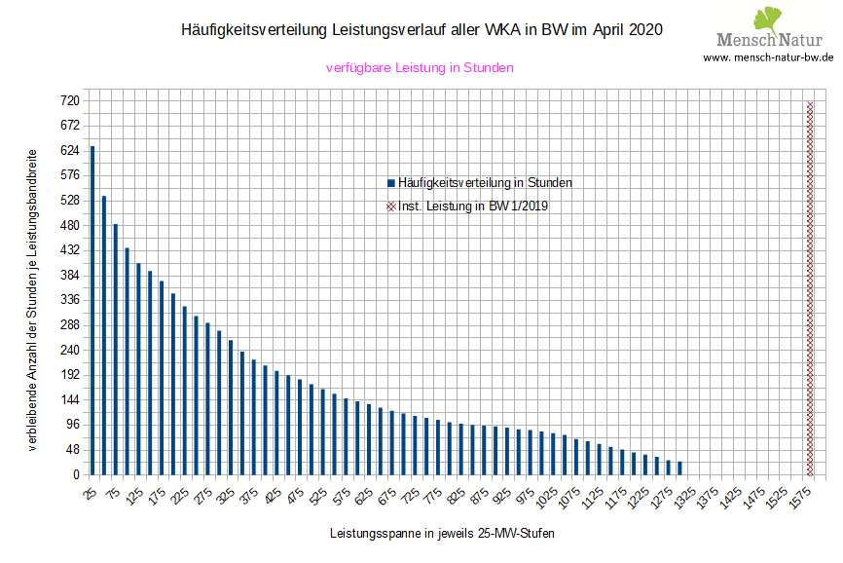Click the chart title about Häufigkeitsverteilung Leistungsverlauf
pyautogui.click(x=421, y=30)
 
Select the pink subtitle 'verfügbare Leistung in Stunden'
pyautogui.click(x=420, y=68)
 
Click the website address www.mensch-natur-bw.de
pyautogui.click(x=768, y=57)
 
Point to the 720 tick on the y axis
pyautogui.click(x=69, y=101)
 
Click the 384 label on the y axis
pyautogui.click(x=69, y=276)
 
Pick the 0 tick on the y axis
pyautogui.click(x=74, y=475)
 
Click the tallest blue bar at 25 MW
pyautogui.click(x=92, y=311)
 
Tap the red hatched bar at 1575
pyautogui.click(x=810, y=288)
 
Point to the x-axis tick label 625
pyautogui.click(x=362, y=497)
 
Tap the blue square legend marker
pyautogui.click(x=391, y=182)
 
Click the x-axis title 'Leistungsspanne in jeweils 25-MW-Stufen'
pyautogui.click(x=443, y=534)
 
